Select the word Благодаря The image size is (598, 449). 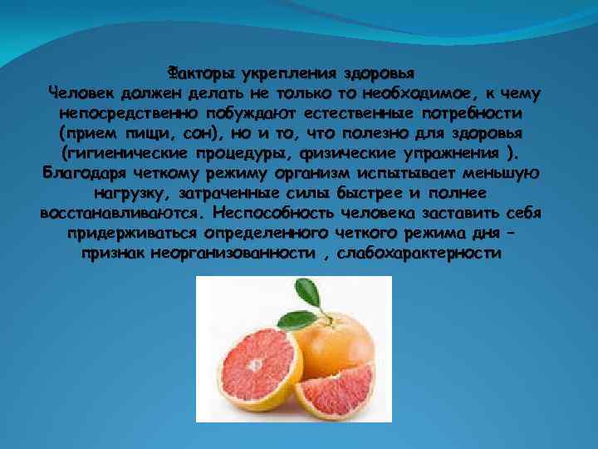point(84,174)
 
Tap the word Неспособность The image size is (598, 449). point(272,213)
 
